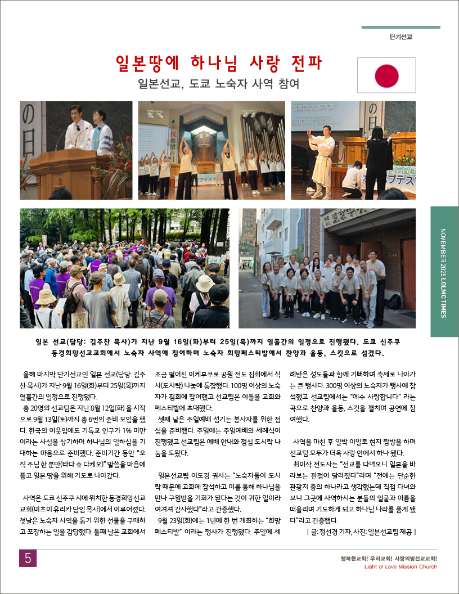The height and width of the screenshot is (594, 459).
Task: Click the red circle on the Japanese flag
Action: tap(386, 75)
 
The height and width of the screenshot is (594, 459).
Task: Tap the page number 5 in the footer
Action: tap(28, 558)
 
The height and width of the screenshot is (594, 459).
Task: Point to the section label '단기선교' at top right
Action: tap(400, 37)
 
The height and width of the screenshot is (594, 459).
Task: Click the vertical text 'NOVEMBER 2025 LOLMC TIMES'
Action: tap(444, 273)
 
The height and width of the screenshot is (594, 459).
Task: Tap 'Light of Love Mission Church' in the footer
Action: tap(400, 566)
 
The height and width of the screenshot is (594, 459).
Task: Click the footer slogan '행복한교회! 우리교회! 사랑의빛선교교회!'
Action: tap(389, 558)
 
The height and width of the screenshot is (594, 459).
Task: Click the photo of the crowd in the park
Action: tap(124, 268)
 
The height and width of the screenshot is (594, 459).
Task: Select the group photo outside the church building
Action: tap(327, 268)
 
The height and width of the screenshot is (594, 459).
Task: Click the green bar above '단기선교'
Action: tap(400, 27)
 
